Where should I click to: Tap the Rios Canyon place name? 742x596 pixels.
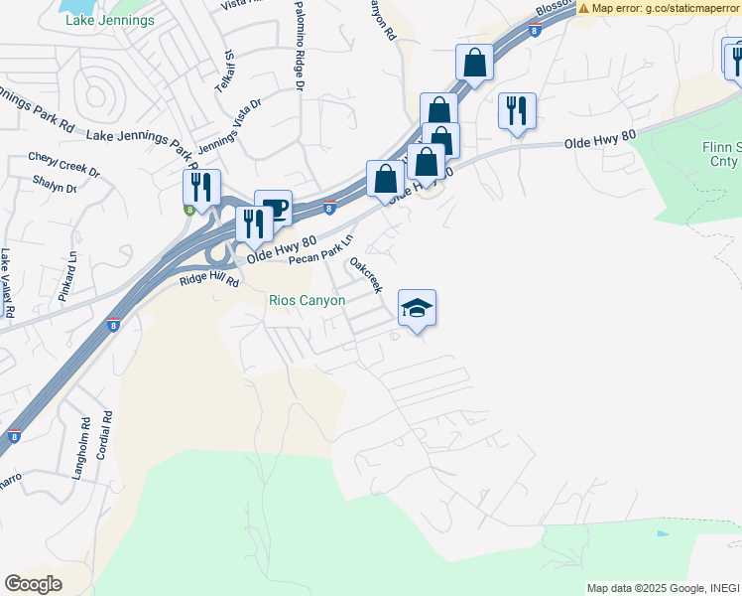[x=308, y=300]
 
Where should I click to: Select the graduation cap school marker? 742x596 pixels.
[x=418, y=309]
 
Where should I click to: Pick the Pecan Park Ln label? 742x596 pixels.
[x=321, y=251]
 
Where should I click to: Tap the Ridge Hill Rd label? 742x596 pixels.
[x=209, y=281]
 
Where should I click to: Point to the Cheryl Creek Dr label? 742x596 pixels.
[x=64, y=164]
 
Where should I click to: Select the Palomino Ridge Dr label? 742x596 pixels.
[x=299, y=47]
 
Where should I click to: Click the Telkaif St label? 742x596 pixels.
[x=227, y=70]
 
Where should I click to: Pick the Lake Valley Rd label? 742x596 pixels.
[x=7, y=283]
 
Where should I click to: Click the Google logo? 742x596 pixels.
[x=34, y=584]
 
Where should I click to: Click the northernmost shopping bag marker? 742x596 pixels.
[x=475, y=63]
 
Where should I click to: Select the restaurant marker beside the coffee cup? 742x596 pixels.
[x=253, y=225]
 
